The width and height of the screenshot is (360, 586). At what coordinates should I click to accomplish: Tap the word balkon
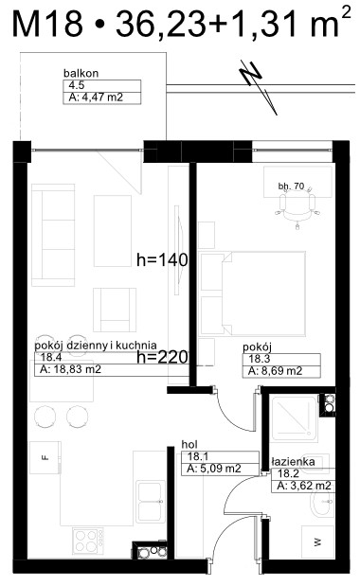pyautogui.click(x=81, y=73)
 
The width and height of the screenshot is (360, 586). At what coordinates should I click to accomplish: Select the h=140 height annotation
pyautogui.click(x=162, y=259)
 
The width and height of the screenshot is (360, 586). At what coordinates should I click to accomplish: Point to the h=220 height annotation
pyautogui.click(x=162, y=357)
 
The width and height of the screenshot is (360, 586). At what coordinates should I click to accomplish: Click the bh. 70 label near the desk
pyautogui.click(x=291, y=186)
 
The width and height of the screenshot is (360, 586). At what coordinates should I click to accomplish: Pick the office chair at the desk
pyautogui.click(x=297, y=209)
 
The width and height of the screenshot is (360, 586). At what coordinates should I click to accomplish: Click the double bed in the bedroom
pyautogui.click(x=253, y=293)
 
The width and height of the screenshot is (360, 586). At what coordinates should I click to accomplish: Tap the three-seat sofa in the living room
pyautogui.click(x=53, y=235)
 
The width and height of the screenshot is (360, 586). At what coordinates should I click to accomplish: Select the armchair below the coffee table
pyautogui.click(x=115, y=310)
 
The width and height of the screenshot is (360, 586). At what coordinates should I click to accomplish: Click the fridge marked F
pyautogui.click(x=45, y=458)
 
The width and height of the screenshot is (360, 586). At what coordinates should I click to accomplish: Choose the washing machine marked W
pyautogui.click(x=317, y=542)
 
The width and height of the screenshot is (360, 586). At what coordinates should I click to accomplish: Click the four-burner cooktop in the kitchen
pyautogui.click(x=88, y=542)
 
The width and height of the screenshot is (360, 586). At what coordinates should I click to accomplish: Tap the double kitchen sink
pyautogui.click(x=151, y=502)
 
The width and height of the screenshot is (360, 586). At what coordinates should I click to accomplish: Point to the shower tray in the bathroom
pyautogui.click(x=295, y=418)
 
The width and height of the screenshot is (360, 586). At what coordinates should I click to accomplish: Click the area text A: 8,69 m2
pyautogui.click(x=276, y=371)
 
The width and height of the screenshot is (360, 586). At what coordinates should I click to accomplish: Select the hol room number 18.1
pyautogui.click(x=198, y=456)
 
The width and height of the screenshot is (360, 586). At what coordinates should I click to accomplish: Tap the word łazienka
pyautogui.click(x=293, y=462)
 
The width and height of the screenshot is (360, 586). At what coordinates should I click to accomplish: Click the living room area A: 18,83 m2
pyautogui.click(x=71, y=369)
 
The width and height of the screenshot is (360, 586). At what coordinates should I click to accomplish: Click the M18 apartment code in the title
pyautogui.click(x=47, y=24)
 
